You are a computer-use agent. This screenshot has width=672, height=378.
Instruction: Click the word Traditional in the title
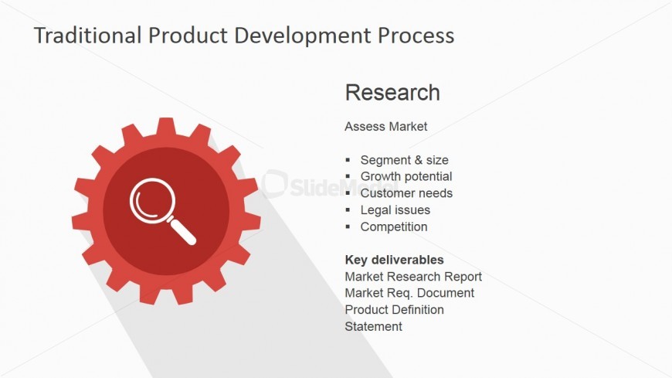88,36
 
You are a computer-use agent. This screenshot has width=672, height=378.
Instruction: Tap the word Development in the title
302,36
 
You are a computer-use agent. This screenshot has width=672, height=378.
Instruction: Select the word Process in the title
416,36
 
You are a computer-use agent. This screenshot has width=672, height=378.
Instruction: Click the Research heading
392,92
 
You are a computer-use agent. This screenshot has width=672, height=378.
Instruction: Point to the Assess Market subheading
385,127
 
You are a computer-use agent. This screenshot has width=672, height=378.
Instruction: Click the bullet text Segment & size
404,160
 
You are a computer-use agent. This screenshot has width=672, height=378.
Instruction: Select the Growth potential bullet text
406,176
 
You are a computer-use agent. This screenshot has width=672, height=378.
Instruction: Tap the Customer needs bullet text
406,193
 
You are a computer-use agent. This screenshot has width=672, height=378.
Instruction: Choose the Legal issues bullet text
395,209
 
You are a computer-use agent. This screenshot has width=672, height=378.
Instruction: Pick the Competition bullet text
394,226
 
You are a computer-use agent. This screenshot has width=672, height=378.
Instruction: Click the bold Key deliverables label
394,260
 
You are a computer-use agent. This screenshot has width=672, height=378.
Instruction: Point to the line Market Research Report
413,277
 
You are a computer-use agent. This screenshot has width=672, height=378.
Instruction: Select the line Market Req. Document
409,293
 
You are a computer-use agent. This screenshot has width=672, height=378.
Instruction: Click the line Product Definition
394,310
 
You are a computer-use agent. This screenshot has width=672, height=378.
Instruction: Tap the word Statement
373,326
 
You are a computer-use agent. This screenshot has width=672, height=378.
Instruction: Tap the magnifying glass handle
182,231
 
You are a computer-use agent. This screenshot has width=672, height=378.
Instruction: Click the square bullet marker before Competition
348,226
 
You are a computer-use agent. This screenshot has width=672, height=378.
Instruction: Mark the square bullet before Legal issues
348,209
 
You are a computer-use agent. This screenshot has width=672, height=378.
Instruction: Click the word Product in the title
188,36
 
